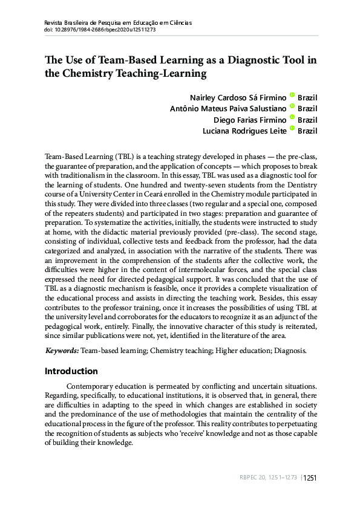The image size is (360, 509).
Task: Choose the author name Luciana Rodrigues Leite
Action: [x=245, y=130]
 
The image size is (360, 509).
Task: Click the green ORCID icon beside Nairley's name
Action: [x=292, y=96]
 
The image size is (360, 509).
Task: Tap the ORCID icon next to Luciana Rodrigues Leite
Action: [x=292, y=129]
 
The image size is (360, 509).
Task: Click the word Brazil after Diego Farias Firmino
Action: [x=308, y=119]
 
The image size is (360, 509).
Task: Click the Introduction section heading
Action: [x=71, y=371]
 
